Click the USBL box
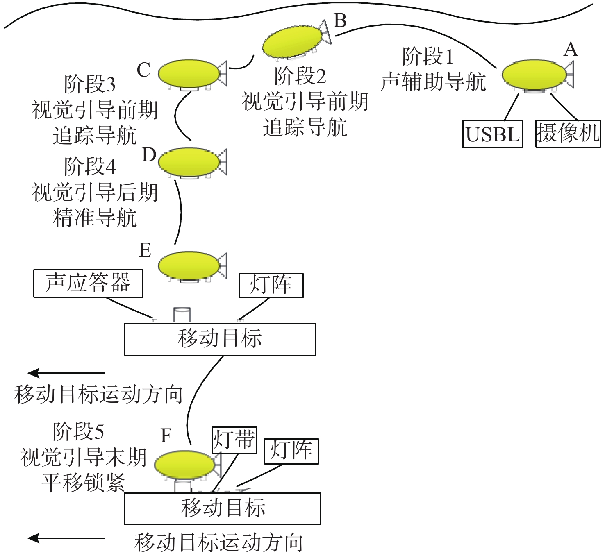[492, 134]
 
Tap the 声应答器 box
[88, 283]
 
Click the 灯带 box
[234, 440]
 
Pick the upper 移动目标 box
[220, 339]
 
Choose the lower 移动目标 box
[222, 508]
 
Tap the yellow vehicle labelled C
[189, 73]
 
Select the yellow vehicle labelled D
[189, 162]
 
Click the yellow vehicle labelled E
[189, 265]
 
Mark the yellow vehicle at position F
[184, 465]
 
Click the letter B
[340, 20]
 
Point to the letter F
[166, 436]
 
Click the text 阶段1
[428, 56]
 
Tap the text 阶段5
[78, 431]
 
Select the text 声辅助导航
[433, 82]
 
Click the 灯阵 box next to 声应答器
[271, 285]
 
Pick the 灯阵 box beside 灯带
[291, 451]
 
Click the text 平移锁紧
[83, 483]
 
